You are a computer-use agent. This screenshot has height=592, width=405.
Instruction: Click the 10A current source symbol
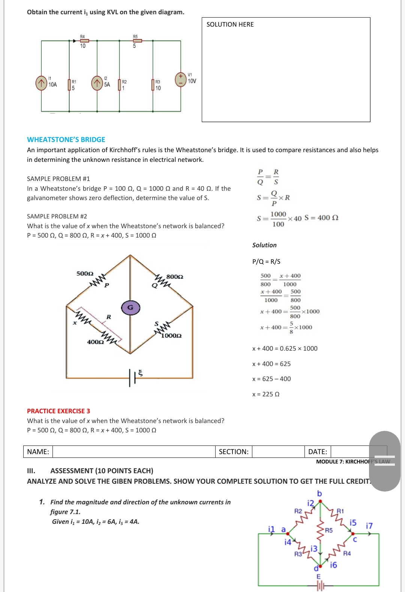[41, 83]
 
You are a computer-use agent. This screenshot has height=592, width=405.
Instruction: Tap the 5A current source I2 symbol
[97, 83]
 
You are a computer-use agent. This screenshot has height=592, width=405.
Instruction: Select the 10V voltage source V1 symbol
[181, 80]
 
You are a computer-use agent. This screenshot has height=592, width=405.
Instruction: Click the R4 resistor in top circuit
[84, 40]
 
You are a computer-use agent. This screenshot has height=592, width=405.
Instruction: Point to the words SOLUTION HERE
[230, 24]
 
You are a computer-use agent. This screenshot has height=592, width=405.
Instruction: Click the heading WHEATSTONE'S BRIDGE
[66, 139]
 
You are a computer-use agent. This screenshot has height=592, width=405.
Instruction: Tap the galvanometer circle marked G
[130, 308]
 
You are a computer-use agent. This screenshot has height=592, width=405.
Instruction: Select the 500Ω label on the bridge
[85, 274]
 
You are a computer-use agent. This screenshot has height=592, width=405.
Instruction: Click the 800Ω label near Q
[175, 277]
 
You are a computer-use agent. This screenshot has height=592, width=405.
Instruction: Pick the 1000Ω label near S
[171, 336]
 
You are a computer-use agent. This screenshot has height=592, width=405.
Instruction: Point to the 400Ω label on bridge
[95, 342]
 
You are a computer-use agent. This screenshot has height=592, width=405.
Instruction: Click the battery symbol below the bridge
[132, 377]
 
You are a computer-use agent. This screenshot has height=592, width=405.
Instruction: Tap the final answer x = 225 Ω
[266, 394]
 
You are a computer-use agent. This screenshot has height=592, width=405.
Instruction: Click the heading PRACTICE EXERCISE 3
[58, 411]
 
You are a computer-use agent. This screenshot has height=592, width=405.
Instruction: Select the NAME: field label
[38, 451]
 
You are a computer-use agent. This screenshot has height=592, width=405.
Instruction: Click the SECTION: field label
[233, 451]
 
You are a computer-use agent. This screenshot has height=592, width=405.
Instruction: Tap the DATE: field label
[317, 451]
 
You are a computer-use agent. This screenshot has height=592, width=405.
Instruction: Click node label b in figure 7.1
[319, 493]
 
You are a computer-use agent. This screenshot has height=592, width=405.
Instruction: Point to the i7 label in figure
[369, 526]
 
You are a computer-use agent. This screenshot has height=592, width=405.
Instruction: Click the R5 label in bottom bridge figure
[329, 530]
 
